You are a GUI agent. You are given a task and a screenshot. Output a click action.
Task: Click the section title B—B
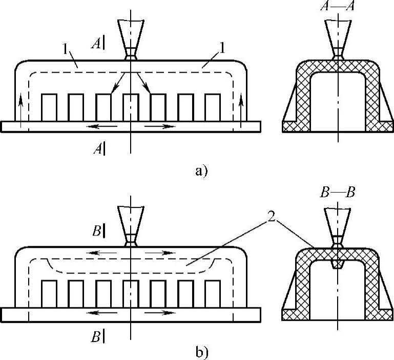pyautogui.click(x=337, y=193)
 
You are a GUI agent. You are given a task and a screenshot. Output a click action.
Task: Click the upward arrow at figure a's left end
pyautogui.click(x=20, y=108)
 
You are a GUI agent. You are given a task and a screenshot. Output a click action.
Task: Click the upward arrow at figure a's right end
pyautogui.click(x=242, y=108)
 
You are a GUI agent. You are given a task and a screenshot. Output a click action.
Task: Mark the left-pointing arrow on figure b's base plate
pyautogui.click(x=99, y=312)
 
